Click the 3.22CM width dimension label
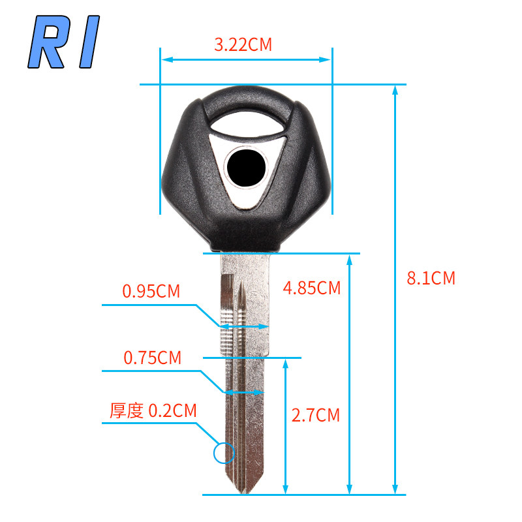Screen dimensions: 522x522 coord(243,44)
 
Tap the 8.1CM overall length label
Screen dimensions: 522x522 coord(431,278)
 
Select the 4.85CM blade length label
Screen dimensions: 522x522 coord(312,288)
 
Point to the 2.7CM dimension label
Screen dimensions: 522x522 coord(316,415)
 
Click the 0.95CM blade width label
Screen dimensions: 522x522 coord(151,291)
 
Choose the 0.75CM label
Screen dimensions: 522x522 coord(153,358)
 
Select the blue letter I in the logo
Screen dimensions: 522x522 coord(89,42)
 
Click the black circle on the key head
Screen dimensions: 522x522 coord(247,168)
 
